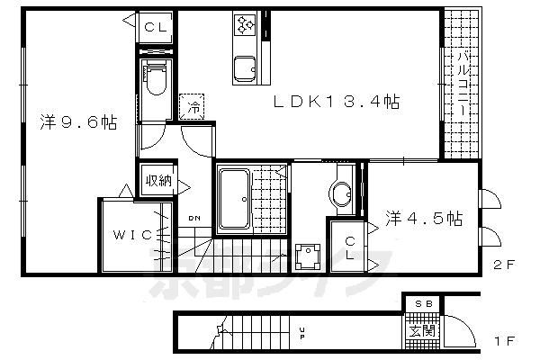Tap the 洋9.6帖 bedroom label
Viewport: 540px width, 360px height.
click(77, 122)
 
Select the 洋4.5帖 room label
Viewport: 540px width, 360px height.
click(425, 218)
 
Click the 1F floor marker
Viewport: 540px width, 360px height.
click(502, 343)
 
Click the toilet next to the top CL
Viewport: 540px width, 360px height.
click(155, 79)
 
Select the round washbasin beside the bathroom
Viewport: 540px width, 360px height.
click(342, 193)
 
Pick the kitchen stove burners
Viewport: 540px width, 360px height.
click(245, 27)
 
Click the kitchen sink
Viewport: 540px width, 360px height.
click(244, 68)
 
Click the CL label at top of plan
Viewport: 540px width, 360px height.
click(155, 27)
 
